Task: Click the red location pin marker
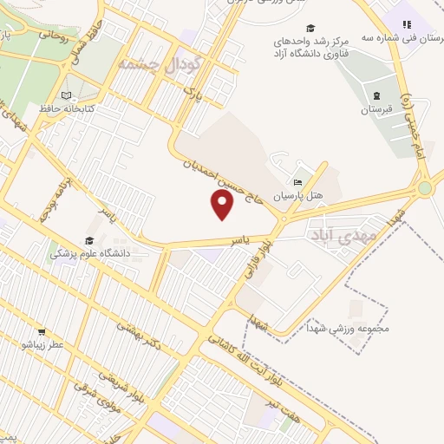click(x=223, y=206)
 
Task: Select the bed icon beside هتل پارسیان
click(x=297, y=183)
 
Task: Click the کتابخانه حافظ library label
click(x=66, y=109)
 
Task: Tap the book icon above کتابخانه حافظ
click(x=67, y=95)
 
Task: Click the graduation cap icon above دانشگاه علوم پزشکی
click(x=89, y=240)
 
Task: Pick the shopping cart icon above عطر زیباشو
click(x=41, y=332)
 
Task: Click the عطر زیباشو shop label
click(x=41, y=345)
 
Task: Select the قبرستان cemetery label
click(x=375, y=110)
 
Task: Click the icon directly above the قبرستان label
click(x=375, y=95)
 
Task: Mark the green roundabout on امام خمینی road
click(x=424, y=187)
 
